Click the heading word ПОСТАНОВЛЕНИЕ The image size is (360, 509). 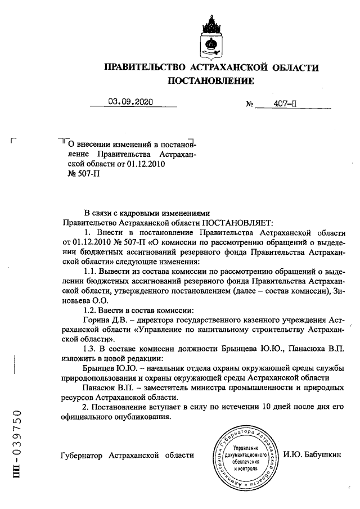pyautogui.click(x=211, y=82)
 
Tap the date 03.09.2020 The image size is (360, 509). pyautogui.click(x=130, y=102)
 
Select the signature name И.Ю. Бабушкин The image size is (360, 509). pyautogui.click(x=313, y=454)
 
